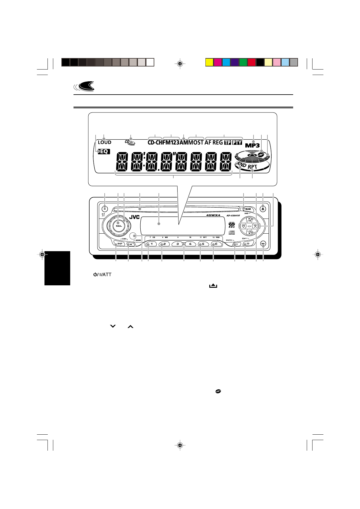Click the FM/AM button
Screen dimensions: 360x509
[248, 209]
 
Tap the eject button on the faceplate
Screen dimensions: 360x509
[263, 208]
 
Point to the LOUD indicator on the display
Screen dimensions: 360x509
[104, 142]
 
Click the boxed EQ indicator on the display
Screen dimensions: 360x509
[104, 151]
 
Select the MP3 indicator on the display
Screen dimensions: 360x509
[252, 145]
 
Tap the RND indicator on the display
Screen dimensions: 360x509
[241, 165]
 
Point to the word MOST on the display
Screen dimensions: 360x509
[196, 142]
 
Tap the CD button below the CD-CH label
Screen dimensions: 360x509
[247, 244]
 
